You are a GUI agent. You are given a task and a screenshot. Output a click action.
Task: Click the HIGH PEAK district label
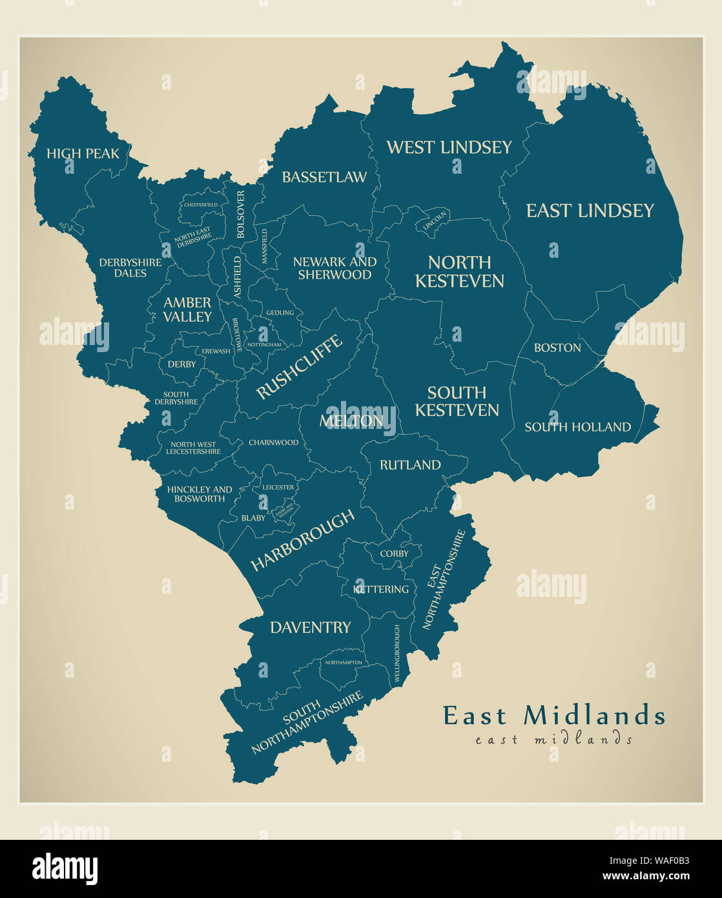[83, 154]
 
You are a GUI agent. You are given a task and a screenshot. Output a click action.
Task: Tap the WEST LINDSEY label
[449, 147]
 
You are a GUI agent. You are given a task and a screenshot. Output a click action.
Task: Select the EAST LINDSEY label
[590, 211]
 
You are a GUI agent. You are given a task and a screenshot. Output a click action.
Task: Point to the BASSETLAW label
[324, 177]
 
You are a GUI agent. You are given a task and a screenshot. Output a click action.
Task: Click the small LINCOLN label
[435, 222]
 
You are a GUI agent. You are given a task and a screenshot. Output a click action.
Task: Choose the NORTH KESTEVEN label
[459, 271]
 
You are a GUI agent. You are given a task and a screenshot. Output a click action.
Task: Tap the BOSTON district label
[557, 348]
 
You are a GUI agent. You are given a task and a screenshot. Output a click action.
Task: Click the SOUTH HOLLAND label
[577, 427]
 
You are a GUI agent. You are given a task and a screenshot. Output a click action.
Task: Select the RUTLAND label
[410, 465]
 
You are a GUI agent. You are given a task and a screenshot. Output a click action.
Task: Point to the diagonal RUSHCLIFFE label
[299, 367]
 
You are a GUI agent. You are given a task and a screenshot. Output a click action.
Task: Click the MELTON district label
[351, 421]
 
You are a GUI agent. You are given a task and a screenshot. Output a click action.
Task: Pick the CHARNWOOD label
[274, 443]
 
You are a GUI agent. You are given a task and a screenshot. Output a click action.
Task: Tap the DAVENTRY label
[311, 627]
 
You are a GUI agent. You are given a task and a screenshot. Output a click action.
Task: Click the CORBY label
[394, 554]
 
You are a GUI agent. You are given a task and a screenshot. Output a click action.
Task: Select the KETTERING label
[381, 589]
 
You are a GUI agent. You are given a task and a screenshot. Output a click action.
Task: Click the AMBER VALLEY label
[187, 309]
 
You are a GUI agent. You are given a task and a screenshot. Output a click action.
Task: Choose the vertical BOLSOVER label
[241, 214]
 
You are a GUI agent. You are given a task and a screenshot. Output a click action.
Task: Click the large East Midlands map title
[553, 715]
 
